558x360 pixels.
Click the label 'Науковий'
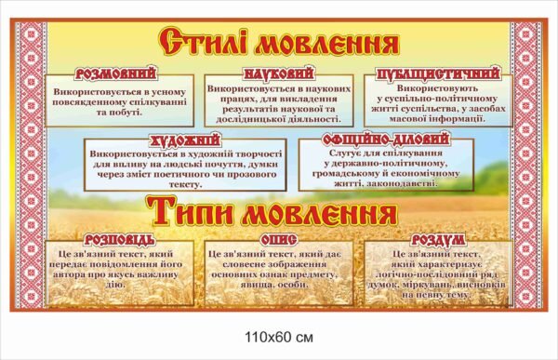tap(279, 73)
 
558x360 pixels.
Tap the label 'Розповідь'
tap(113, 240)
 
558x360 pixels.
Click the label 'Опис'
tap(278, 240)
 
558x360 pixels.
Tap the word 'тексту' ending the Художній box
tap(194, 184)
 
